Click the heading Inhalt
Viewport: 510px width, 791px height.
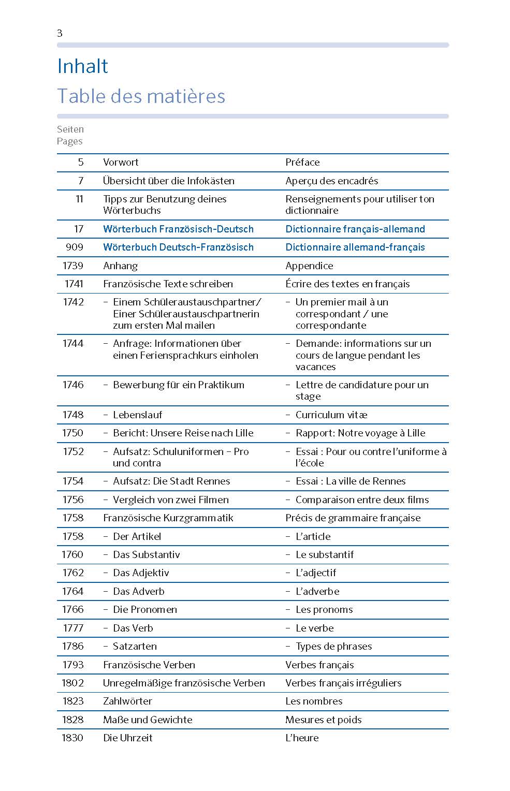coord(82,66)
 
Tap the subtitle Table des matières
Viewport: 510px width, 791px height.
coord(141,96)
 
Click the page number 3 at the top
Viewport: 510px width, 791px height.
coord(60,33)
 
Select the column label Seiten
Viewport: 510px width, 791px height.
coord(70,129)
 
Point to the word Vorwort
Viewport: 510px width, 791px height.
coord(121,162)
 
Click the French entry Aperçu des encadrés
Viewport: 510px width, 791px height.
coord(331,181)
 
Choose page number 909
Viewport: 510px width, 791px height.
coord(74,247)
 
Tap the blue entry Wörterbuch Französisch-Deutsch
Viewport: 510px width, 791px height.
coord(178,229)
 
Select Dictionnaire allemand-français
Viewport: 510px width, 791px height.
coord(355,247)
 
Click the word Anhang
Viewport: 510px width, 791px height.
coord(120,266)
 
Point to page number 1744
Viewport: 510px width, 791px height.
coord(72,343)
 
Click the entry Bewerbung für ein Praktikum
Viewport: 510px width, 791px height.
coord(178,385)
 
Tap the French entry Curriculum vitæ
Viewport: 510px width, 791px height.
coord(331,415)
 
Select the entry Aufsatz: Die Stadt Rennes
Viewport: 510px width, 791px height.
coord(171,481)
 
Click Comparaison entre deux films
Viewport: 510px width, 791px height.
coord(362,500)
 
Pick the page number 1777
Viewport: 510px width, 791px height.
coord(72,628)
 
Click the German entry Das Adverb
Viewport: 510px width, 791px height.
coord(138,591)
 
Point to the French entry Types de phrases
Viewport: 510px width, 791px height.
coord(333,646)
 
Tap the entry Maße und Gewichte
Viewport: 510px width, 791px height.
coord(148,720)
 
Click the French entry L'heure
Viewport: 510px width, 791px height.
coord(302,738)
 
